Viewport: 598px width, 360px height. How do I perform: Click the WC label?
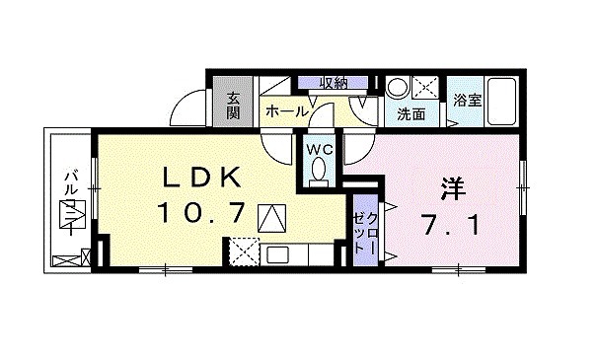tap(318, 149)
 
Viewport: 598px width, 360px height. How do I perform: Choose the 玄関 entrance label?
tap(233, 103)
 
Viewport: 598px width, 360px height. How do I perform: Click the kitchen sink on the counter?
tap(278, 255)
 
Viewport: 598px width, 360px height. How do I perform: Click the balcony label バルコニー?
tap(69, 206)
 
